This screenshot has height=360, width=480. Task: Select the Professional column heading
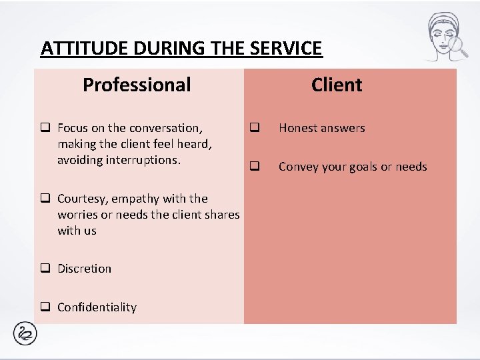tap(137, 85)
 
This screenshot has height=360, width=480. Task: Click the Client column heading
tap(337, 85)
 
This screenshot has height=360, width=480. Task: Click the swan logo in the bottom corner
tap(25, 334)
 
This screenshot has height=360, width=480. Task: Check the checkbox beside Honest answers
tap(253, 127)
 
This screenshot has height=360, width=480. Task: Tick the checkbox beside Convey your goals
tap(253, 166)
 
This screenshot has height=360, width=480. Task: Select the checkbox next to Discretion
tap(46, 269)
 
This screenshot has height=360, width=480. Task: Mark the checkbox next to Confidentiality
tap(46, 307)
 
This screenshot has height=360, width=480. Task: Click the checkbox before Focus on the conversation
tap(46, 127)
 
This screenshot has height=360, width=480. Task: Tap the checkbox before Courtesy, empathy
tap(46, 199)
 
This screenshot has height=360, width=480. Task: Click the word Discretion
tap(85, 269)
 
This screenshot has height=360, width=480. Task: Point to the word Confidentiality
tap(97, 307)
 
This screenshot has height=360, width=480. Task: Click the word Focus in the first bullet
tap(72, 128)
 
